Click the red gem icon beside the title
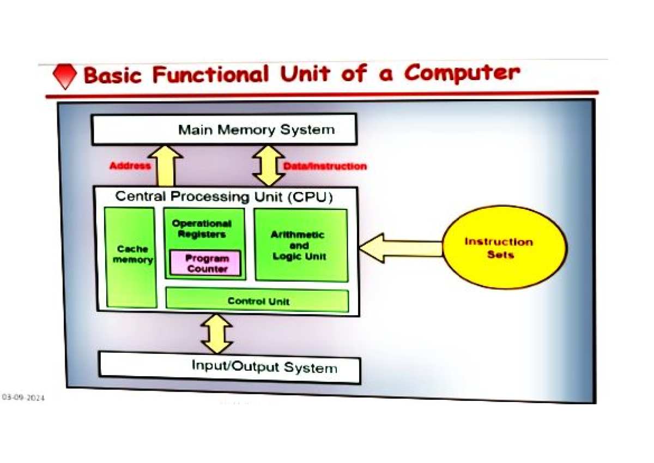65,77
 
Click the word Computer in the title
462,73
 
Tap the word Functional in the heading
210,75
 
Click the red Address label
130,166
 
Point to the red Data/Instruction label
325,166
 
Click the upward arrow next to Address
165,166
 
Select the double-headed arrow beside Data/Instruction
269,166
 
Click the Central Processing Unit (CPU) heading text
224,197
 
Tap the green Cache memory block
131,256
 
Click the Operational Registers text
202,229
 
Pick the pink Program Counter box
206,263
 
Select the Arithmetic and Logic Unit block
301,245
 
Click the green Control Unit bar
257,300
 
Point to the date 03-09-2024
23,398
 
